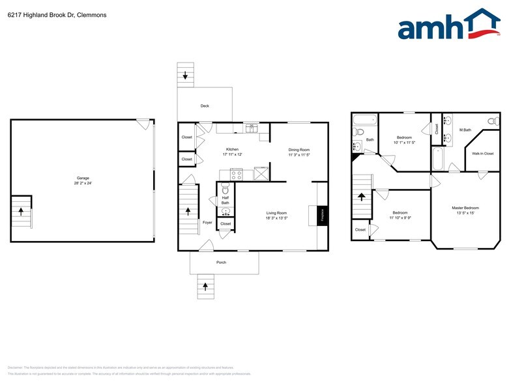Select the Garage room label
pos(82,178)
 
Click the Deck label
pos(205,106)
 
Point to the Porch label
pos(222,262)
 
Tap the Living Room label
pos(276,213)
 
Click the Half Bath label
pos(225,200)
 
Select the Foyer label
pos(207,222)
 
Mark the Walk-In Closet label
pos(483,154)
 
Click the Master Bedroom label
pos(467,208)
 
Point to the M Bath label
pos(465,130)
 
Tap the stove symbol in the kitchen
pos(236,174)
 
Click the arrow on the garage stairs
pos(22,211)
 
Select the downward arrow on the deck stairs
pos(186,76)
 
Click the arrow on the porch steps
pos(206,285)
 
